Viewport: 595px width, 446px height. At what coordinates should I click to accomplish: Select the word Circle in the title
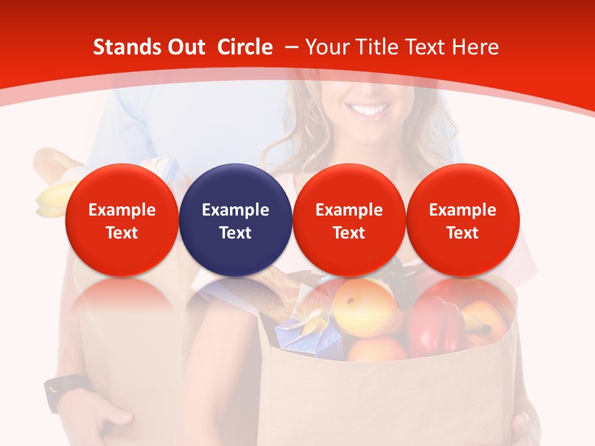[x=245, y=47]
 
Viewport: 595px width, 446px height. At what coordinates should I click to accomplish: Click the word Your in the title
[x=326, y=47]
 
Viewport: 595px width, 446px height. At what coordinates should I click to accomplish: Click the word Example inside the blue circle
[x=236, y=210]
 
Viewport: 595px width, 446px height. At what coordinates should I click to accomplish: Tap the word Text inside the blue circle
[x=236, y=233]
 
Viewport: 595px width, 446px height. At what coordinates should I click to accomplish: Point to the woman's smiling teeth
[x=369, y=111]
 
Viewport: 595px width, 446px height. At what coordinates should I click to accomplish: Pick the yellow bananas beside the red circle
[x=52, y=200]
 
